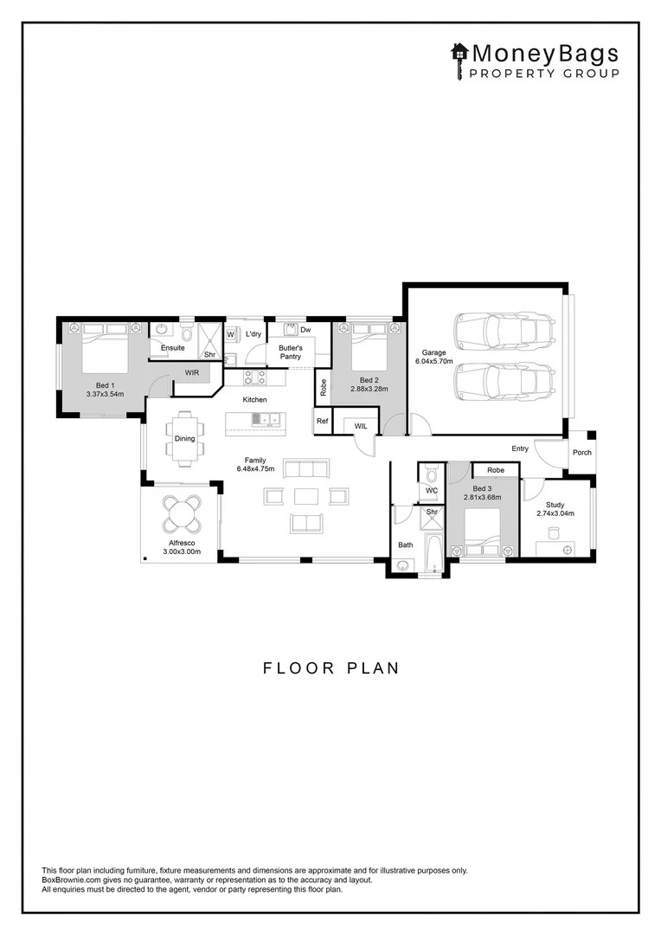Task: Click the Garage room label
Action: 434,352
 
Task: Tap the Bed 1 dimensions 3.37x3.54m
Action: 105,394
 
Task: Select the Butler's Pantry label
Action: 291,351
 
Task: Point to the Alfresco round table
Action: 182,513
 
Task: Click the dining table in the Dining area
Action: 185,438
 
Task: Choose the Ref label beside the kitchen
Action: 323,421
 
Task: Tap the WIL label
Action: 361,426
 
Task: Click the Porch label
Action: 581,453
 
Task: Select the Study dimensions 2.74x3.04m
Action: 555,513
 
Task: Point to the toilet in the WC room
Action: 432,474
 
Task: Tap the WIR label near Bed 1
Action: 192,372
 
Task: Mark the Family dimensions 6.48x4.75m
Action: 255,468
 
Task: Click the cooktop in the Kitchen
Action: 255,377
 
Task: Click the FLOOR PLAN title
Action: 330,667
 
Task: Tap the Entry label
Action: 520,448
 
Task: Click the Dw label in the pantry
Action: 305,330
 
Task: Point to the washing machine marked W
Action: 231,335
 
